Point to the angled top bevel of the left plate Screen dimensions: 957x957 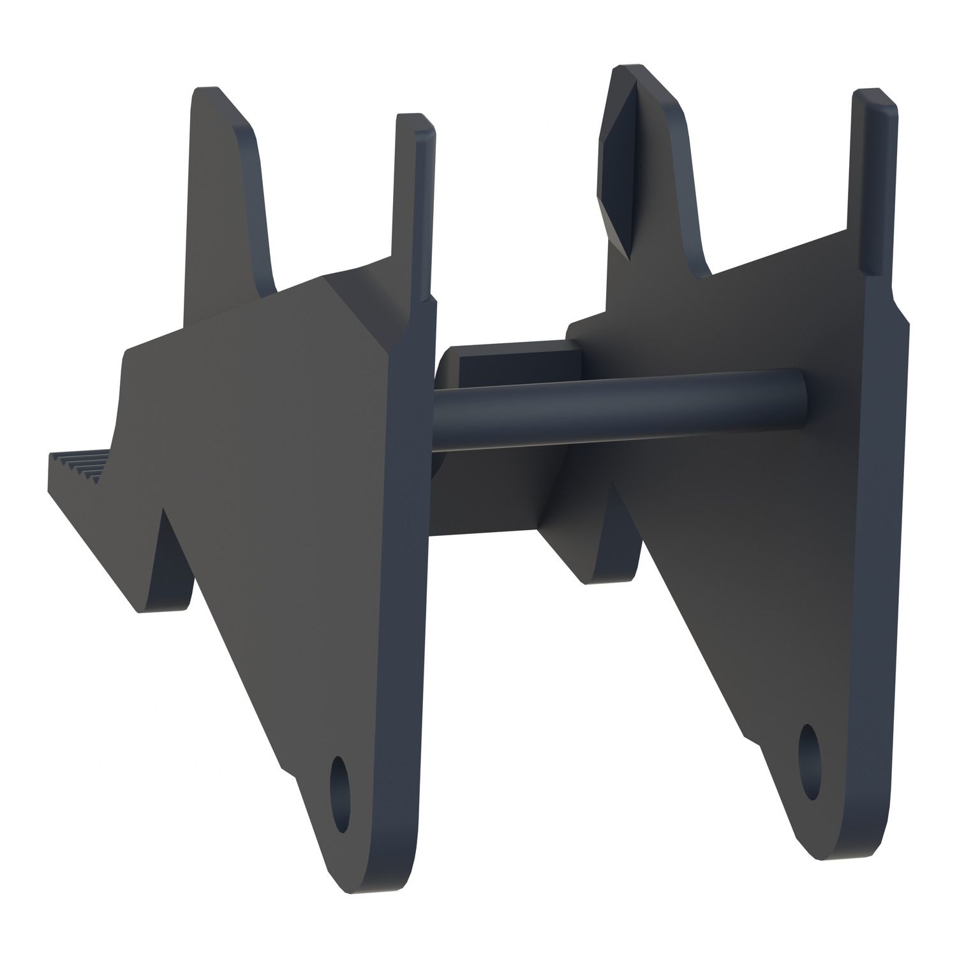pos(357,306)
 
